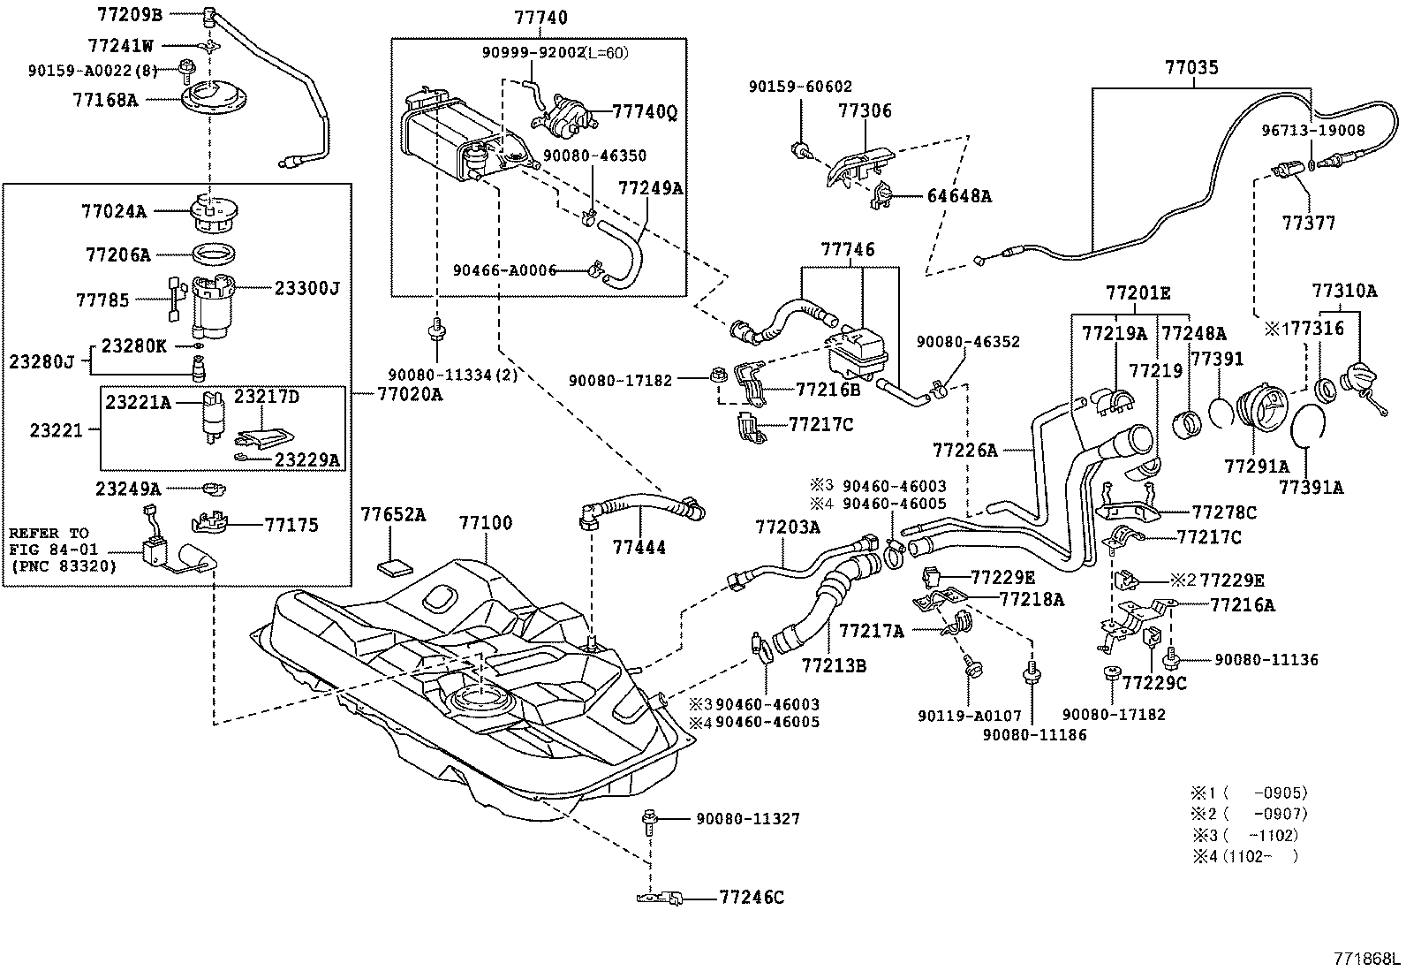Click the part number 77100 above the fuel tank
(x=485, y=523)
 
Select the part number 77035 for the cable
(x=1191, y=67)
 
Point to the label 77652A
(x=393, y=515)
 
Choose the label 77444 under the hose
(x=639, y=548)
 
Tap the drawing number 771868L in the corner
(x=1367, y=959)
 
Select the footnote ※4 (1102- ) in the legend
(x=1245, y=855)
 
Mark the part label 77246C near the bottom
(x=752, y=898)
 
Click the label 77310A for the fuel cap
(x=1344, y=291)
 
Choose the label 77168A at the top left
(x=105, y=100)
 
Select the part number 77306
(x=865, y=111)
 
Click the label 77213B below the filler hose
(x=834, y=664)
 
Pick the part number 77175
(x=291, y=525)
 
